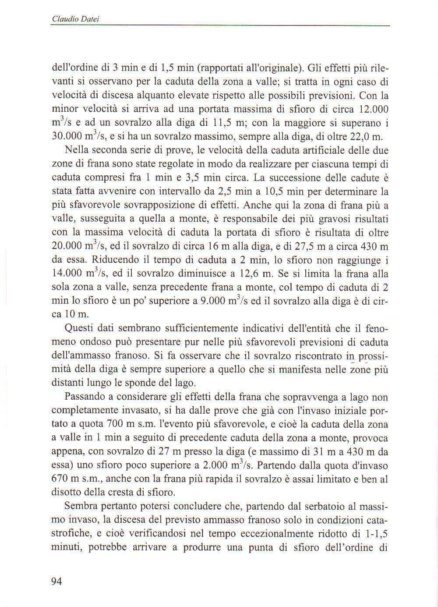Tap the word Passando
pyautogui.click(x=83, y=397)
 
